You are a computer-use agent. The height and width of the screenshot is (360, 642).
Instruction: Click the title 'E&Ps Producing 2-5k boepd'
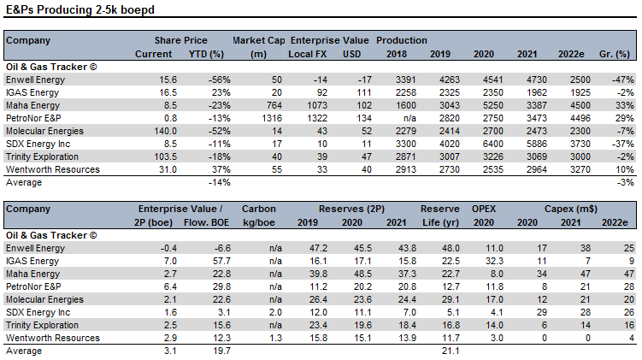pyautogui.click(x=80, y=9)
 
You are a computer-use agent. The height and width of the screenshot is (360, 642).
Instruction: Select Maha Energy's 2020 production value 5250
pyautogui.click(x=493, y=105)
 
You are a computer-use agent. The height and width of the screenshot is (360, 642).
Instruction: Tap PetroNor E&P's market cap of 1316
pyautogui.click(x=272, y=118)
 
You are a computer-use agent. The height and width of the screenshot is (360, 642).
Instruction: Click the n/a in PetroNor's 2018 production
pyautogui.click(x=409, y=118)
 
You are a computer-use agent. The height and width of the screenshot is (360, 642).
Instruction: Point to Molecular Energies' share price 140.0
pyautogui.click(x=165, y=131)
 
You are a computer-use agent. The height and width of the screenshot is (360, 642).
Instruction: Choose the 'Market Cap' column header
pyautogui.click(x=259, y=40)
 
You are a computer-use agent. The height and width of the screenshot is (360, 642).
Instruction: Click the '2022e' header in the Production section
pyautogui.click(x=571, y=54)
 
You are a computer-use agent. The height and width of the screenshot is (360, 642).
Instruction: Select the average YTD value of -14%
pyautogui.click(x=220, y=183)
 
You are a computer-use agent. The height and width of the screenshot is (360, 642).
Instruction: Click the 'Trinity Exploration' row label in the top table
pyautogui.click(x=42, y=156)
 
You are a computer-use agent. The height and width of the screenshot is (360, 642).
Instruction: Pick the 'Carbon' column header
pyautogui.click(x=259, y=209)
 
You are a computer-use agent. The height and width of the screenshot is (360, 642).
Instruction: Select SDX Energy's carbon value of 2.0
pyautogui.click(x=275, y=312)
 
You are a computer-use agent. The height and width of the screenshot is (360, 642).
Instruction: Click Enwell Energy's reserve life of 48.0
pyautogui.click(x=451, y=248)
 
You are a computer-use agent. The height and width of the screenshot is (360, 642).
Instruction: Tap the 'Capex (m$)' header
pyautogui.click(x=571, y=209)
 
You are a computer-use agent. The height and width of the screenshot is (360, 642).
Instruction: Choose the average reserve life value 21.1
pyautogui.click(x=451, y=351)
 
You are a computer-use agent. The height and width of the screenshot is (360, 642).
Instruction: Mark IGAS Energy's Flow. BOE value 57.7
pyautogui.click(x=221, y=261)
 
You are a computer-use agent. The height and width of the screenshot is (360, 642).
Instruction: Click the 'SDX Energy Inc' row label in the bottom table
pyautogui.click(x=38, y=312)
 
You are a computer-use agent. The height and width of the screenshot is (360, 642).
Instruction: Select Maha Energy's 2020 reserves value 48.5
pyautogui.click(x=362, y=274)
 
